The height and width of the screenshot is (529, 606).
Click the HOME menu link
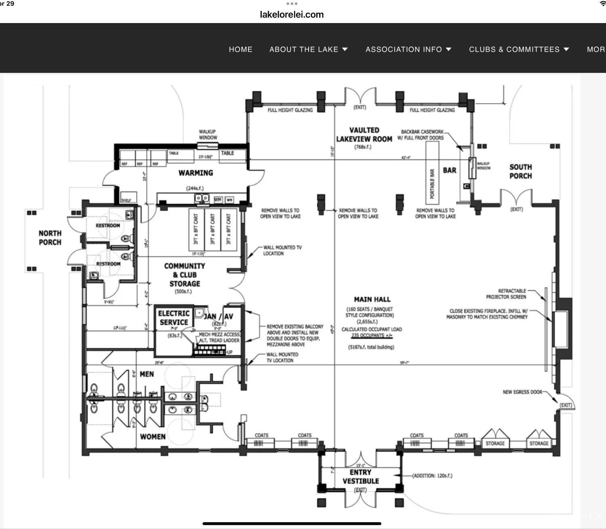[x=240, y=49]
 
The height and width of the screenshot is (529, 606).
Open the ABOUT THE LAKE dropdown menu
[x=308, y=49]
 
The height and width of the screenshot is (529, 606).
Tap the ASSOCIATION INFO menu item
[x=408, y=49]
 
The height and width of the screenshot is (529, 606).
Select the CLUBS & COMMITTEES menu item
[x=519, y=49]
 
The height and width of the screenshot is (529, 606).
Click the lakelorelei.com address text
[x=292, y=15]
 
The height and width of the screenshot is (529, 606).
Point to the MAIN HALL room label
[x=372, y=299]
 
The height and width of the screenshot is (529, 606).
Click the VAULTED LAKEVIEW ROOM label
[x=364, y=135]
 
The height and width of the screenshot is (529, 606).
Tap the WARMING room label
[x=196, y=173]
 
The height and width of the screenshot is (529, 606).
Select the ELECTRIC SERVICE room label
[x=174, y=318]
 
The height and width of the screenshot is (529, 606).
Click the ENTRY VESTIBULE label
[x=360, y=476]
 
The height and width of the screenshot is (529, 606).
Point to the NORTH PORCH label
[x=50, y=238]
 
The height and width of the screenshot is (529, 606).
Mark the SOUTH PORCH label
[x=520, y=171]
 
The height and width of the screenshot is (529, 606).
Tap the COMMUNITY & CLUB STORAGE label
[x=185, y=275]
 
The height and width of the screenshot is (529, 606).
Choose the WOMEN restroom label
[x=152, y=436]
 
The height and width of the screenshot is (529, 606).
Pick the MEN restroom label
[x=147, y=374]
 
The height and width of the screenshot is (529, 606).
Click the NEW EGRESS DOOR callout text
[x=522, y=392]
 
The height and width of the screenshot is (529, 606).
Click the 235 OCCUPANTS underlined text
[x=371, y=335]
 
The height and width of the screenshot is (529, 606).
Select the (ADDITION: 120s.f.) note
[x=432, y=476]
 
